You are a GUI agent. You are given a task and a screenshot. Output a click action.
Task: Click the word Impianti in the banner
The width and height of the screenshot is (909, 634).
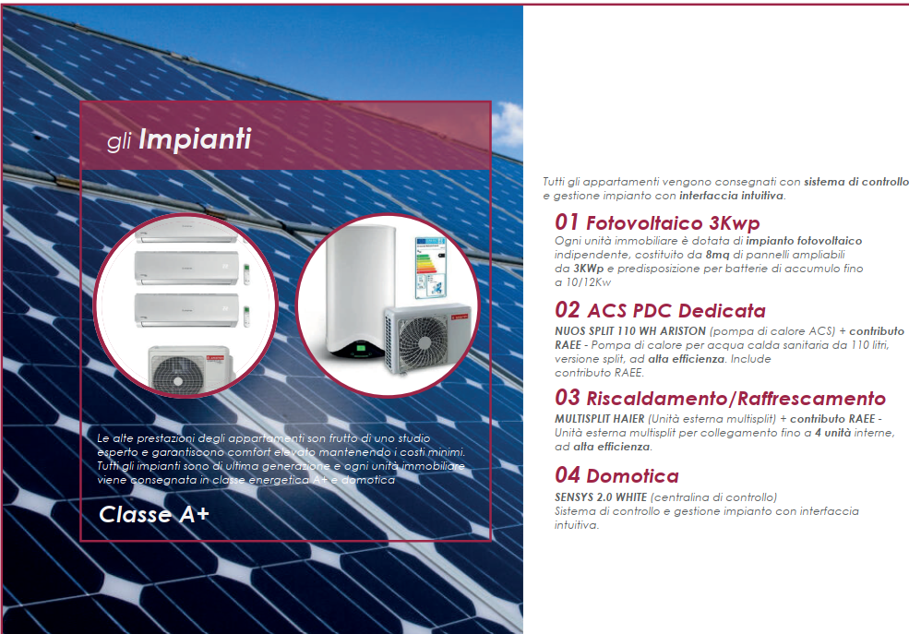tap(195, 139)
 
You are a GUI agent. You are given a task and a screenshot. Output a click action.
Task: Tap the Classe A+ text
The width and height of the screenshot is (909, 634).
tap(153, 514)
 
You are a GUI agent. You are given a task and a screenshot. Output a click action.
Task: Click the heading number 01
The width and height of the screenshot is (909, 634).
tap(567, 222)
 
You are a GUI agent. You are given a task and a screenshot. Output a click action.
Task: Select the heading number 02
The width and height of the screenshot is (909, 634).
tap(567, 309)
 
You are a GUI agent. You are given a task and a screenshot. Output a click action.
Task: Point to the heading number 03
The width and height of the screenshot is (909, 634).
tap(567, 397)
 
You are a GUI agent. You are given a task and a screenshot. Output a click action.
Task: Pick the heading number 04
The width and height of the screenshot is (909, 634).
tap(567, 474)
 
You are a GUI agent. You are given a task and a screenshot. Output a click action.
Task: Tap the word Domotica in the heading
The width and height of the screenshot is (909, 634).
tap(632, 476)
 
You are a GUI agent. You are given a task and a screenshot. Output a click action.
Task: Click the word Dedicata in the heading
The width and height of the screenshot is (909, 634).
tap(722, 311)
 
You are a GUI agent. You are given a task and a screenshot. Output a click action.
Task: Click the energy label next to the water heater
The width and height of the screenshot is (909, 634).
tap(430, 266)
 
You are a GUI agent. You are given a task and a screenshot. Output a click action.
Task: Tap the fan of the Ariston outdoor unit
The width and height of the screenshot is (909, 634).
tap(424, 342)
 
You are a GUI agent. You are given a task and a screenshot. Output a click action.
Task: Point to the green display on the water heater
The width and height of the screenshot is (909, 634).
tap(361, 348)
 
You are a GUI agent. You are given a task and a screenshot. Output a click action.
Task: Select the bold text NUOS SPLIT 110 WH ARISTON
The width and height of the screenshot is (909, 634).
tap(630, 331)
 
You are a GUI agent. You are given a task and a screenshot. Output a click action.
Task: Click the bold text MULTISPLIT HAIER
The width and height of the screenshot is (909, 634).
tap(600, 418)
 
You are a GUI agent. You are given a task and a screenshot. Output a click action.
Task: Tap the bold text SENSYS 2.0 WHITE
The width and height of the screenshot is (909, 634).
tap(601, 497)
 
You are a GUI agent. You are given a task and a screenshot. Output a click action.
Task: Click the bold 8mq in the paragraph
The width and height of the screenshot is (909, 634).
tap(717, 255)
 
